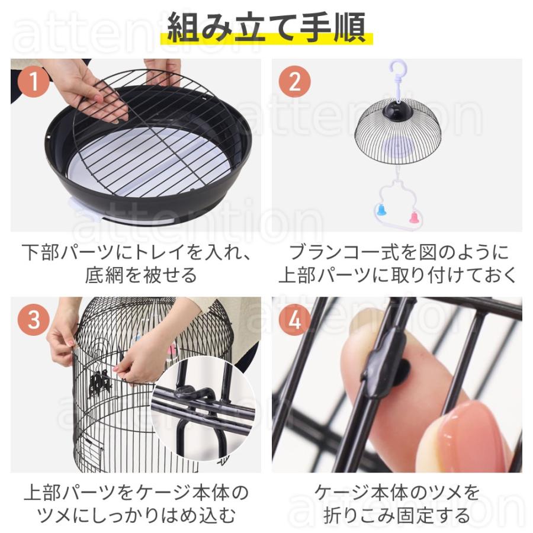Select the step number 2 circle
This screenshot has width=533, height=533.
coord(294,82)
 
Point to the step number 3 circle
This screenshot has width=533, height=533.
coord(34,320)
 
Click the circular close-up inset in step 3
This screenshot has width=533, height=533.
coord(204,409)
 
